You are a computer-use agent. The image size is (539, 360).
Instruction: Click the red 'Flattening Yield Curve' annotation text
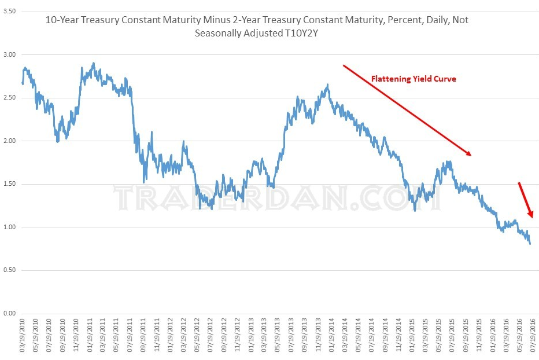tap(414, 79)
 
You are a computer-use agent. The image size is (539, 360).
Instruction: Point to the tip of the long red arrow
tap(472, 155)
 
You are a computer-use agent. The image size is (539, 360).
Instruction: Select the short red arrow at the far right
tap(525, 200)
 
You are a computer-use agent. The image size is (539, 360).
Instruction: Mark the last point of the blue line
tap(530, 244)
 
